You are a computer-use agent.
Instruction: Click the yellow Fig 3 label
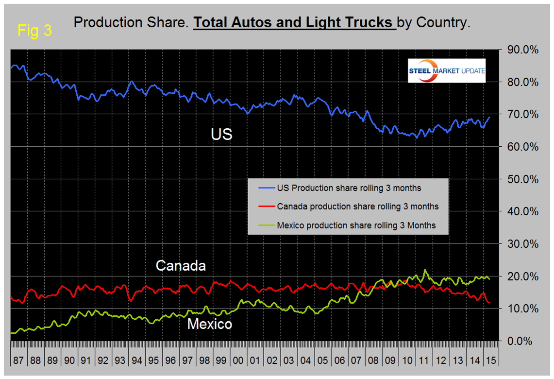34,31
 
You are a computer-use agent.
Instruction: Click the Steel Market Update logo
446,70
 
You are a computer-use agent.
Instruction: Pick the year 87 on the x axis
18,361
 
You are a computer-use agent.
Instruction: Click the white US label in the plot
221,134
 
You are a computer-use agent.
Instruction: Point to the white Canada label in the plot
181,266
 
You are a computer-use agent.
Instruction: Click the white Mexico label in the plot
210,324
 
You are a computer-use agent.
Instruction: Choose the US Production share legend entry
349,188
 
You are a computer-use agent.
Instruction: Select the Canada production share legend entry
357,207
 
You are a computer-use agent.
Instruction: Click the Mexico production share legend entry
356,225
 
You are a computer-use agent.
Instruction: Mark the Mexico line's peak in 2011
425,270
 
